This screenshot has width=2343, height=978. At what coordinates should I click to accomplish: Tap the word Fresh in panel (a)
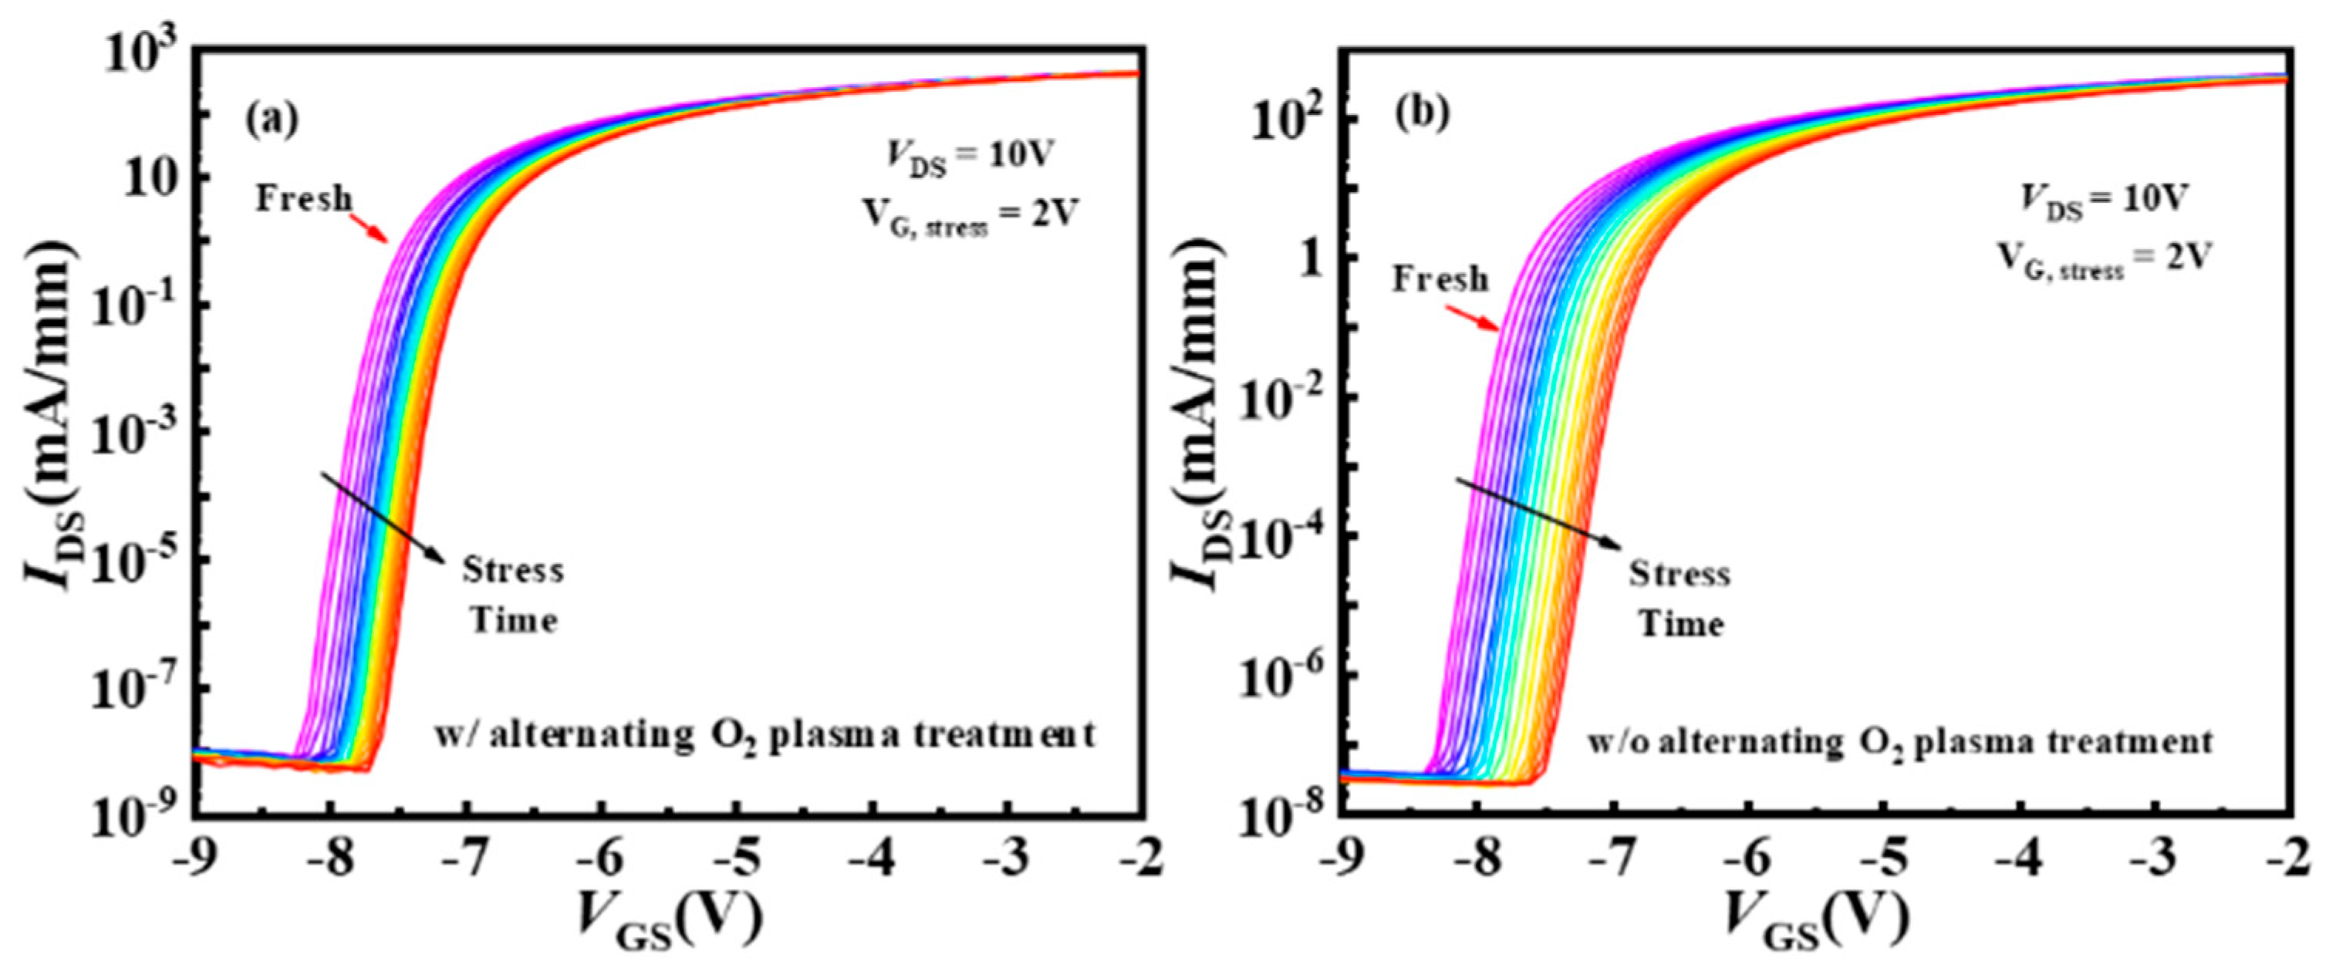(x=304, y=198)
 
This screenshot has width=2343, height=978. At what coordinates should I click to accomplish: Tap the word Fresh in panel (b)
(x=1440, y=279)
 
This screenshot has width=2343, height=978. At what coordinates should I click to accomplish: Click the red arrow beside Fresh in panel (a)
(x=371, y=228)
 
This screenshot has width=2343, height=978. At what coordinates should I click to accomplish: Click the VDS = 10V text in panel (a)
(x=969, y=157)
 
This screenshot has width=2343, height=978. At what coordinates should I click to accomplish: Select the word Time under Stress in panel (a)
(x=512, y=621)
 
